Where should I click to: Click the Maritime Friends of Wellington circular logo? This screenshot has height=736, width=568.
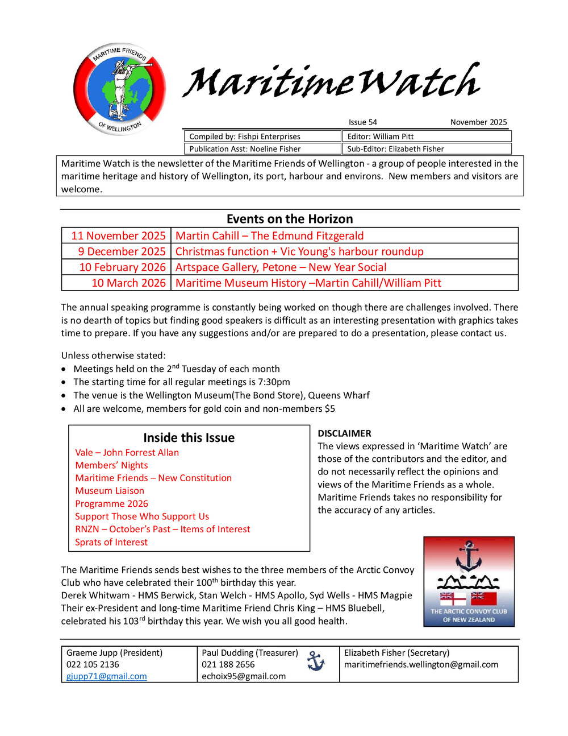[x=119, y=89]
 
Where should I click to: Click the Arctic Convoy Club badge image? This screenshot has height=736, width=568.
[x=469, y=581]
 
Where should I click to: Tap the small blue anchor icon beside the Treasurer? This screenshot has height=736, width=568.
[x=316, y=660]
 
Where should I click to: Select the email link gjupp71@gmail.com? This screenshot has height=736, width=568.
[x=107, y=676]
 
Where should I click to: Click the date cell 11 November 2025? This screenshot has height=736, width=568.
[x=118, y=235]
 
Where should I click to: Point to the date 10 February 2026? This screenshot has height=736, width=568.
[x=122, y=267]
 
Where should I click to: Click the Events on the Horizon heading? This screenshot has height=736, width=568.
[x=290, y=219]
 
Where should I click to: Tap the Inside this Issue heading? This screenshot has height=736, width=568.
[x=189, y=437]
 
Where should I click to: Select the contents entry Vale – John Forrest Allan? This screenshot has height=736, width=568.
[x=127, y=452]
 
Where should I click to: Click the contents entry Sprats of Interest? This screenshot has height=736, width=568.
[x=111, y=542]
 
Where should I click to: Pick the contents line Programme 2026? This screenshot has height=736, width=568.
[x=111, y=503]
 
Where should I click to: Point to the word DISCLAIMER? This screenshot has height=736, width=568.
[x=344, y=433]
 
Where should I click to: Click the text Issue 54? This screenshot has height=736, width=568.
[x=362, y=122]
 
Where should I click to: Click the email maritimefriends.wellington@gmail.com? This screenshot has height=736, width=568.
[x=421, y=664]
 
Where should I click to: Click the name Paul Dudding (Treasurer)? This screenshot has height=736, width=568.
[x=250, y=652]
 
